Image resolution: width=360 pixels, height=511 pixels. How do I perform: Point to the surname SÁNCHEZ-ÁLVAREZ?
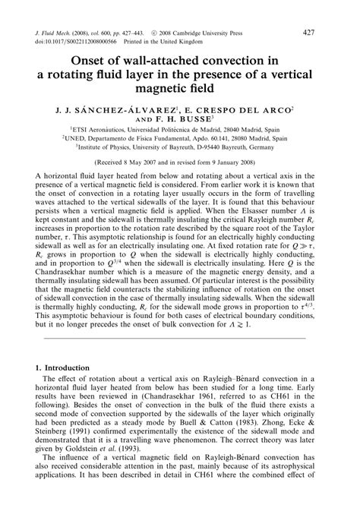131,109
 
